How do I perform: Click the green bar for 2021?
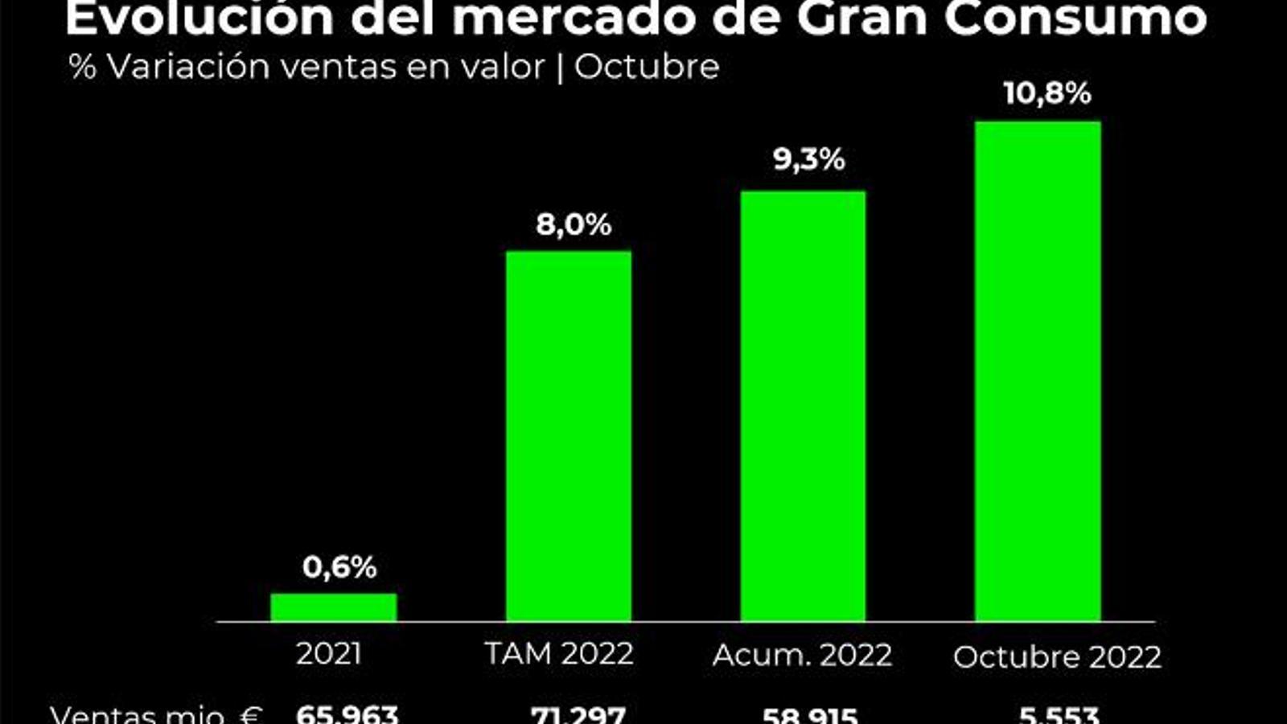[x=333, y=607]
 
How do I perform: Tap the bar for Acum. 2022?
[x=803, y=406]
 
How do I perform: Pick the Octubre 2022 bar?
[x=1038, y=371]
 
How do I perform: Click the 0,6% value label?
[x=339, y=567]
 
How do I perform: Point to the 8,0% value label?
[x=574, y=225]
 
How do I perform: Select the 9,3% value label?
[x=809, y=159]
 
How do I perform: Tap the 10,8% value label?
[x=1047, y=93]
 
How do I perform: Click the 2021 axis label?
[x=329, y=654]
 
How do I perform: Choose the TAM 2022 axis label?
[x=560, y=654]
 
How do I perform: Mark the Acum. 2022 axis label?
[x=803, y=656]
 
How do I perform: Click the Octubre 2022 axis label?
[x=1057, y=657]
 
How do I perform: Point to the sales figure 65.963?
[x=347, y=714]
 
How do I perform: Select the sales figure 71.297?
[x=578, y=714]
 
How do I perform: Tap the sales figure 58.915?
[x=810, y=714]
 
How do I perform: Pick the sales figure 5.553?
[x=1059, y=714]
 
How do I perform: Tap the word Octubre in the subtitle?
[x=647, y=67]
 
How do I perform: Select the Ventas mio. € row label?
[x=156, y=714]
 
